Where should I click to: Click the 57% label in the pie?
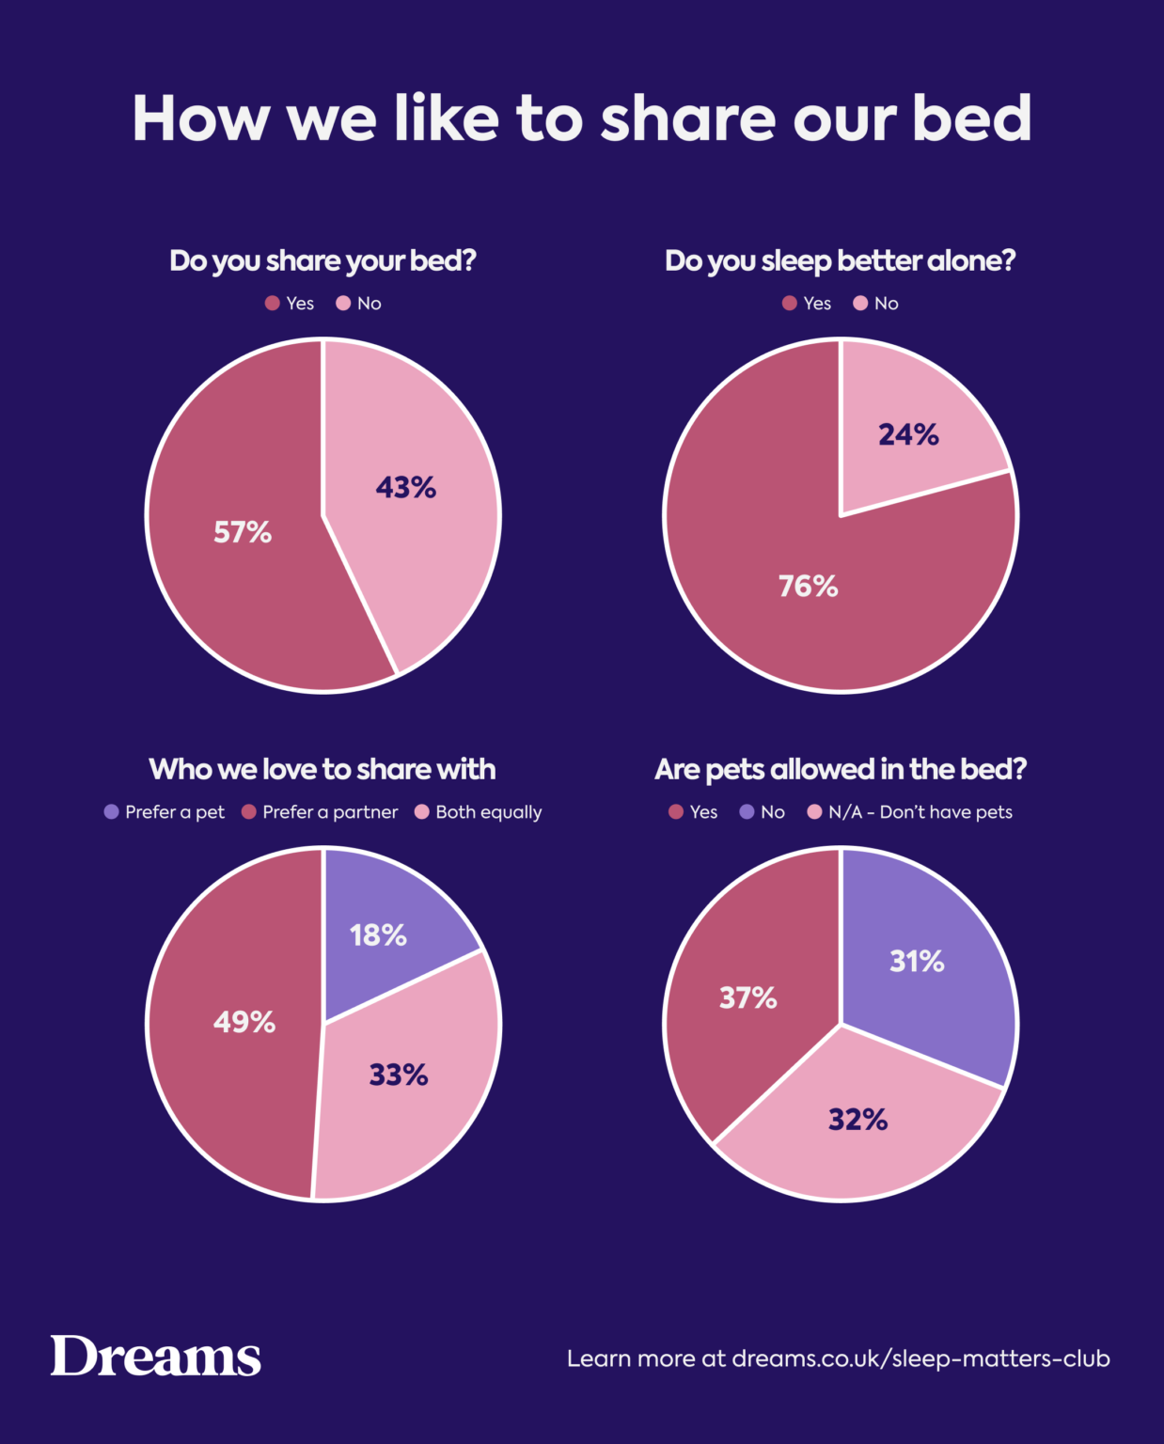coord(243,533)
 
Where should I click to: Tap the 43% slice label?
coord(406,488)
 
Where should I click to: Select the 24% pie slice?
coord(909,434)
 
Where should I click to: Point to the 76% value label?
coord(809,587)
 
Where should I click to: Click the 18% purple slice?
coord(379,935)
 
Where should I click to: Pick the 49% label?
coord(244,1022)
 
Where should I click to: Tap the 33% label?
coord(399,1075)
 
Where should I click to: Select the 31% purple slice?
coord(918,962)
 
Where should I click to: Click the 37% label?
coord(748,997)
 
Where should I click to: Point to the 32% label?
coord(858,1120)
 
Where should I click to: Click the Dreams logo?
coord(156,1357)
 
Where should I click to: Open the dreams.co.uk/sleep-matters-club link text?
coord(920,1358)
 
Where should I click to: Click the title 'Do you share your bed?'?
coord(322,260)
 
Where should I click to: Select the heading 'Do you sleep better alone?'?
coord(840,260)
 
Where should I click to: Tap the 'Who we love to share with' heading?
coord(322,769)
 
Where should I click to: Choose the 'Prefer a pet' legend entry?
coord(165,812)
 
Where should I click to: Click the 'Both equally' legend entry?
coord(479,812)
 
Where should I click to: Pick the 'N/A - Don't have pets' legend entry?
coord(910,812)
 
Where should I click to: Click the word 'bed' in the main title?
coord(972,118)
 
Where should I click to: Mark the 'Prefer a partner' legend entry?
coord(321,812)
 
